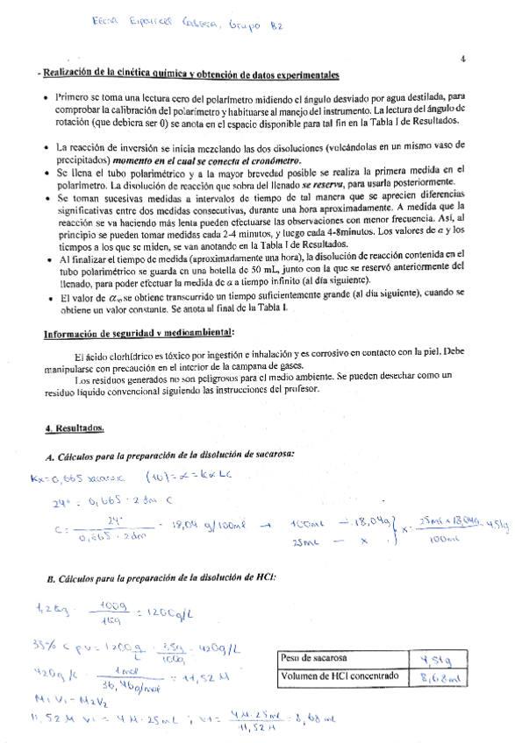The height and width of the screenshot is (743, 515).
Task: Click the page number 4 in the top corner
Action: point(461,60)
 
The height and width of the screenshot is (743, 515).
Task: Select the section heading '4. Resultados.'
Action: point(75,428)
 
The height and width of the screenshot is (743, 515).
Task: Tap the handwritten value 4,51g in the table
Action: point(435,659)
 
